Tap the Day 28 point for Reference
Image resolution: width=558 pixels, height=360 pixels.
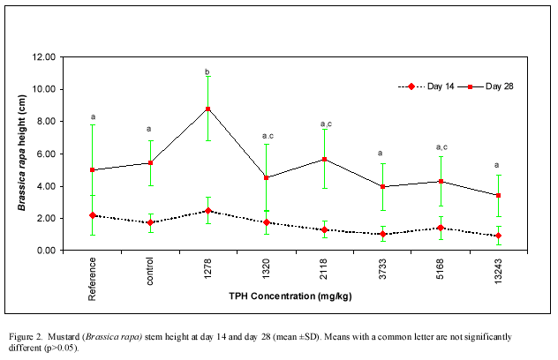point(93,170)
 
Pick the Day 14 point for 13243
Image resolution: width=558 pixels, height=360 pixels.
point(498,236)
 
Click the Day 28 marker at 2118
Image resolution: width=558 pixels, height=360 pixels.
point(324,159)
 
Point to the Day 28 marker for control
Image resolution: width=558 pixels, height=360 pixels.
point(150,162)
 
